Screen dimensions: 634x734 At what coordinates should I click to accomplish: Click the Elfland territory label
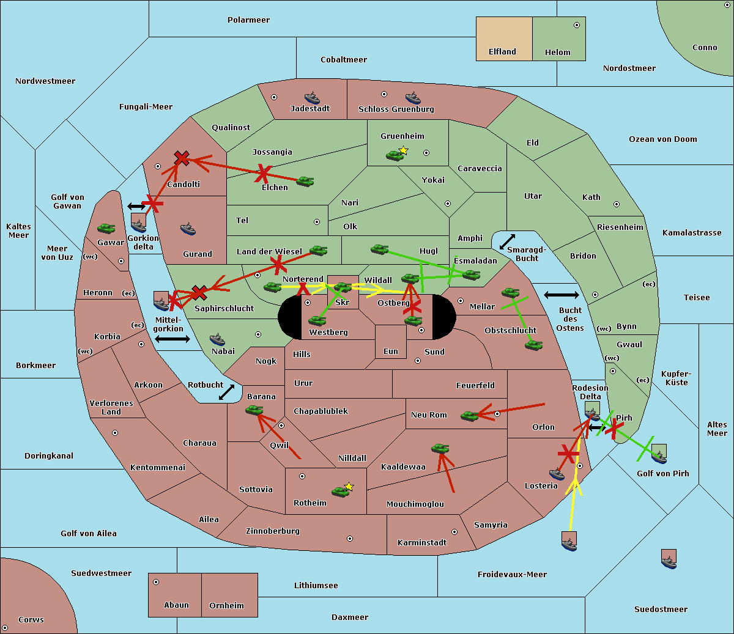[x=502, y=52]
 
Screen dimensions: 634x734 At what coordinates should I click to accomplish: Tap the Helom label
[x=557, y=53]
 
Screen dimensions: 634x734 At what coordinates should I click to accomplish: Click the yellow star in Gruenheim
[x=403, y=150]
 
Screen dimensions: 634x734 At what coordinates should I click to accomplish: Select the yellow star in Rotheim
[x=349, y=487]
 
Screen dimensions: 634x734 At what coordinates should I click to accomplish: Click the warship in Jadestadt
[x=312, y=98]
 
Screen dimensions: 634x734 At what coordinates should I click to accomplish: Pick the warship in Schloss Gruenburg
[x=413, y=98]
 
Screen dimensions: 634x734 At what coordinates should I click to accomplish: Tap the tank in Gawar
[x=106, y=229]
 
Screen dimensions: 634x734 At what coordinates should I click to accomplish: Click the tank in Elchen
[x=305, y=181]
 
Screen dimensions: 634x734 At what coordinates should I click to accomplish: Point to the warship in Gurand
[x=188, y=229]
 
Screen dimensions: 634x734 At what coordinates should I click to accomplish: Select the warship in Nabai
[x=217, y=340]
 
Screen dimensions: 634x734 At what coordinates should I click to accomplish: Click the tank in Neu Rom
[x=470, y=416]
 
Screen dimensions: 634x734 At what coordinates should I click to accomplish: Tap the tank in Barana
[x=254, y=410]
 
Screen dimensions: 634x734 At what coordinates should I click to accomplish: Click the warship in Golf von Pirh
[x=659, y=455]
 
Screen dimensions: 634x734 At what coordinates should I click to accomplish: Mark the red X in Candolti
[x=182, y=158]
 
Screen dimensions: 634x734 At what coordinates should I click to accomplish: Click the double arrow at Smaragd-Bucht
[x=508, y=242]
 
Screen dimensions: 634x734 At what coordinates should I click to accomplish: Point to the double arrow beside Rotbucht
[x=226, y=392]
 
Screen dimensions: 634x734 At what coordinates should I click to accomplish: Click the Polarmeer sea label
[x=248, y=20]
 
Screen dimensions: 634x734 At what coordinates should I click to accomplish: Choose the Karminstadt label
[x=422, y=543]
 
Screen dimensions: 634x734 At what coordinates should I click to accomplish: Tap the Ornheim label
[x=226, y=606]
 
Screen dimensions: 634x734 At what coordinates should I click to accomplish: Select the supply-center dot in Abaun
[x=156, y=582]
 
